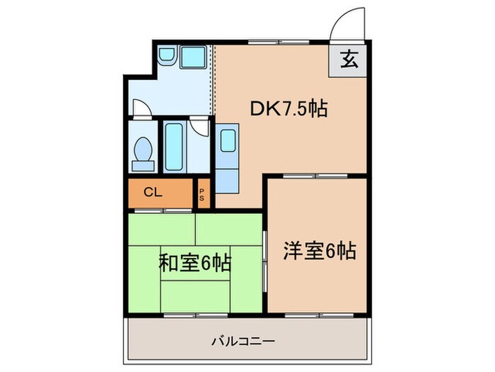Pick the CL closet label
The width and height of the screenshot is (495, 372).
(152, 191)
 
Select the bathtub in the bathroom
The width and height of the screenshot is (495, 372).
(175, 147)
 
